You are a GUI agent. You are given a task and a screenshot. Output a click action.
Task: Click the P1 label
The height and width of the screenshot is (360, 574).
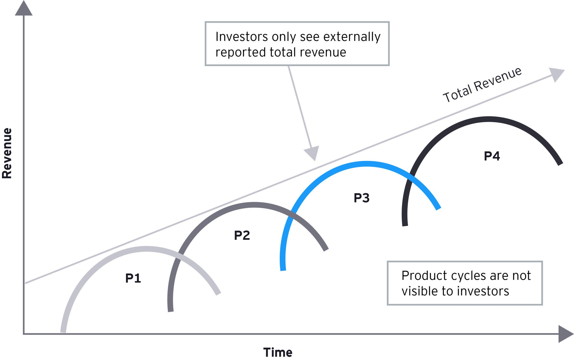pos(133,278)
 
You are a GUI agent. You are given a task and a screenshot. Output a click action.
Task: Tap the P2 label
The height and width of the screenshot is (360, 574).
pos(242,235)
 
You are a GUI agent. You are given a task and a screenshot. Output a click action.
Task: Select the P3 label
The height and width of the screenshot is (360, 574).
pos(361,198)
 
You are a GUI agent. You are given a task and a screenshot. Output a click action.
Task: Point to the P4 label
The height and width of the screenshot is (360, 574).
pos(492,156)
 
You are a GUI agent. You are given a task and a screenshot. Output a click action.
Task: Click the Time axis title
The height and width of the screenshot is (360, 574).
pos(277,352)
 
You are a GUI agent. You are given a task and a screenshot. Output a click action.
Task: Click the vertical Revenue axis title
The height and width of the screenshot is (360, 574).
pos(7,153)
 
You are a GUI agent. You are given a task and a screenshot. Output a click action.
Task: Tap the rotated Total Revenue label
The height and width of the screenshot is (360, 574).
pos(482,85)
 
